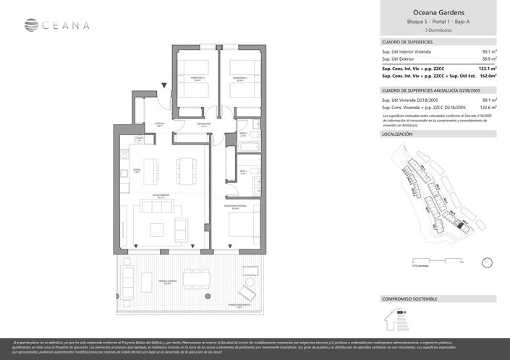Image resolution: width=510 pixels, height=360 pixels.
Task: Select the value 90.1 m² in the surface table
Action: [488, 52]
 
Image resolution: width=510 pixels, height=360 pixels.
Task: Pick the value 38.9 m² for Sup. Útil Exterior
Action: [488, 59]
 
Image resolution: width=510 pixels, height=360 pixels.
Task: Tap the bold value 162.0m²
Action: [486, 75]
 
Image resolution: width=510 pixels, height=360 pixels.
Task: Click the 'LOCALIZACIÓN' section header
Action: [397, 134]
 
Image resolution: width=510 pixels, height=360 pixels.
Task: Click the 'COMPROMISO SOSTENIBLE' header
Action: [409, 299]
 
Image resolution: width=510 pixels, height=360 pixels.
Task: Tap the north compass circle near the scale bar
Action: [487, 262]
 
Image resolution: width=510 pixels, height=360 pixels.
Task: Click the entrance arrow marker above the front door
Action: [165, 86]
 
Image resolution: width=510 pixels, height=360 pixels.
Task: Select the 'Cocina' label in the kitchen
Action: [136, 171]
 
